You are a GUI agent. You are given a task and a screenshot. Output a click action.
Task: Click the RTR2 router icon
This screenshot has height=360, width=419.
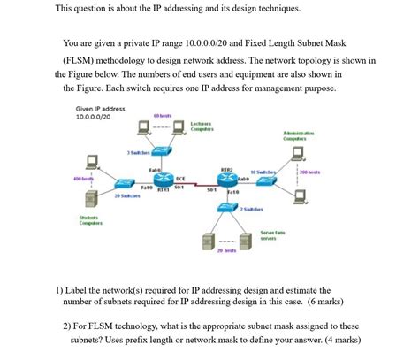pos(226,177)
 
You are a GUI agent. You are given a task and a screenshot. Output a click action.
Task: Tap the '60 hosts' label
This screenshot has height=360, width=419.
pos(162,115)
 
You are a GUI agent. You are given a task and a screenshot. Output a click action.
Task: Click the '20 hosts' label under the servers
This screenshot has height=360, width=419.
pos(225,251)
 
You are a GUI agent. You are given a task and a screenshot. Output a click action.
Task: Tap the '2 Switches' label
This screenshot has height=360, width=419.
pos(251,207)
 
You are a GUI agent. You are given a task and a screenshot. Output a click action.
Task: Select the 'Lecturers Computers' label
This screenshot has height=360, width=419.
pos(202,127)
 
